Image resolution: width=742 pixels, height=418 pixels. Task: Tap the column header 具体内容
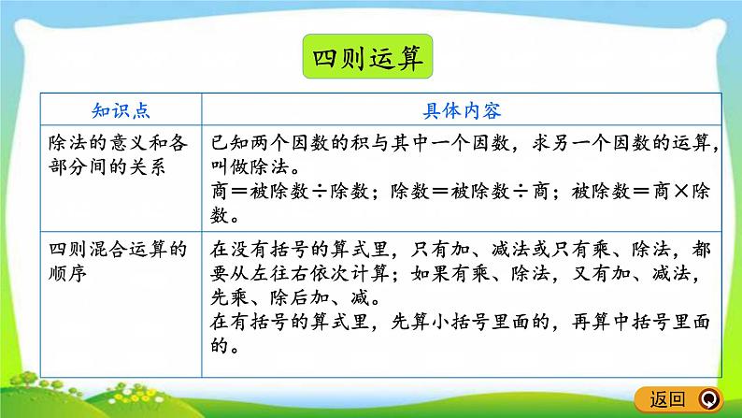(x=463, y=110)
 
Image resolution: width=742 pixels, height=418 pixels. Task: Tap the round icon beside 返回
(x=707, y=399)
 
